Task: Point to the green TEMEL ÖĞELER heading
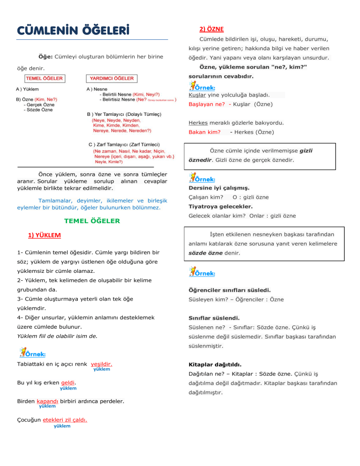92,220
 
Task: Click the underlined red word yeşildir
101,363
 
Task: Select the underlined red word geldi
68,383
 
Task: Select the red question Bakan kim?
204,132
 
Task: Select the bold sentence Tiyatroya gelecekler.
220,206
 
